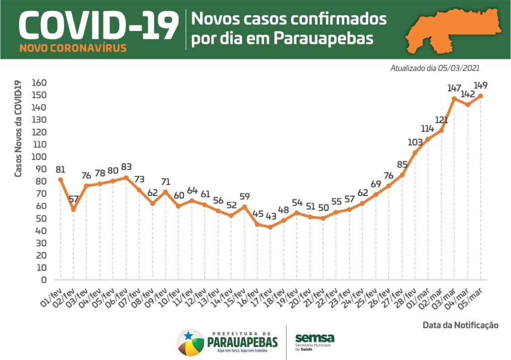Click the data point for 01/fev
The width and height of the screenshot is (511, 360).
click(x=60, y=180)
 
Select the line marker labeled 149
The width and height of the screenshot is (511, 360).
click(x=481, y=96)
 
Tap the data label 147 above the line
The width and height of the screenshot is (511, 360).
click(x=454, y=88)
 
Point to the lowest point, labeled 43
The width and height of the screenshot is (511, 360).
click(x=270, y=227)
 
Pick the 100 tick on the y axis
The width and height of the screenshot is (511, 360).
click(x=38, y=157)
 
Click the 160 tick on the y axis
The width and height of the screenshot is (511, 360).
click(x=38, y=83)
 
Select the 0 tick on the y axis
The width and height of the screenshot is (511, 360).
click(x=44, y=280)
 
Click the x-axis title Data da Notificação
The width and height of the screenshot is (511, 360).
click(x=460, y=325)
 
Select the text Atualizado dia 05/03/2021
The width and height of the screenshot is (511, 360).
click(x=435, y=68)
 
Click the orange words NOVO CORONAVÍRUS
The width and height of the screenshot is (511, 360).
click(x=73, y=49)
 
